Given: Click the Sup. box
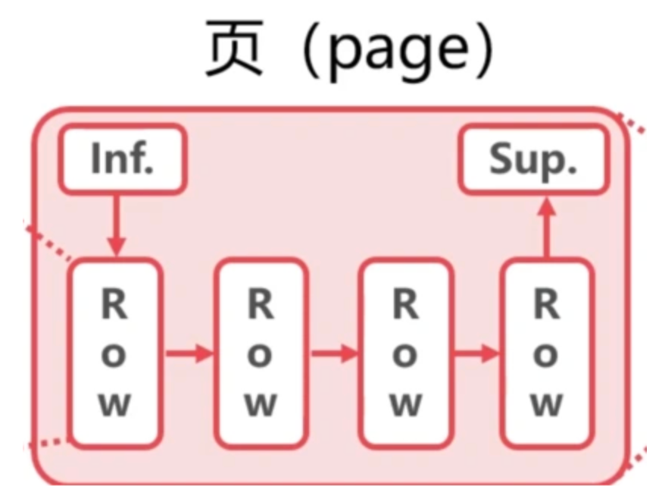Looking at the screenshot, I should click(x=534, y=158).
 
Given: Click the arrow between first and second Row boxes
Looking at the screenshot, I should click(x=189, y=353).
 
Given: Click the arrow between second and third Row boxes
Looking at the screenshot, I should click(x=333, y=353).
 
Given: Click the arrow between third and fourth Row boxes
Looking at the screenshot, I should click(x=478, y=353).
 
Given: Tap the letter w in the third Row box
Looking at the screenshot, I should click(x=406, y=405).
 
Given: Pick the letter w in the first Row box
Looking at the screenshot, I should click(x=115, y=405).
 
